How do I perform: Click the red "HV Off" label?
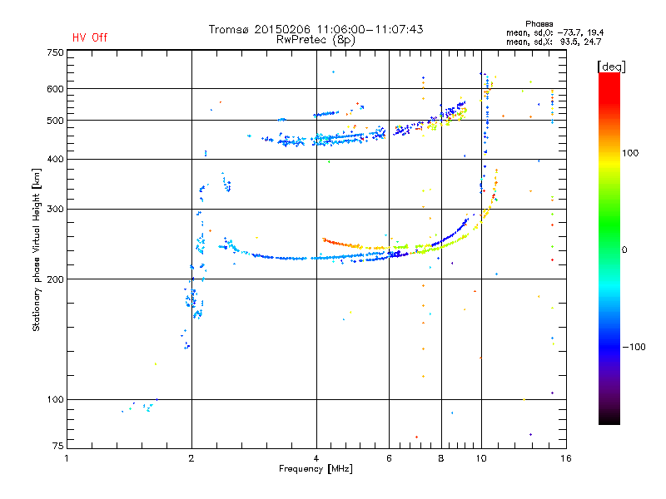[89, 37]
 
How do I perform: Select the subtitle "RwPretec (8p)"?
[316, 39]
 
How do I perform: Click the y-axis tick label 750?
[56, 52]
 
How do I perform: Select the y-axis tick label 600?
[56, 89]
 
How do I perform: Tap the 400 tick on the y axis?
[56, 159]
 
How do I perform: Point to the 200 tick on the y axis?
[56, 279]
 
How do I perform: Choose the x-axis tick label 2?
[191, 457]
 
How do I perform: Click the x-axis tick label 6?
[389, 457]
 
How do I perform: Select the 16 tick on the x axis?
[564, 457]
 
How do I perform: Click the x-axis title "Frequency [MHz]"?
[316, 470]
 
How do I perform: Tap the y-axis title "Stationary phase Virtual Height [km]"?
[37, 249]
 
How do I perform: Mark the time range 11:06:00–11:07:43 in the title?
[370, 29]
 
